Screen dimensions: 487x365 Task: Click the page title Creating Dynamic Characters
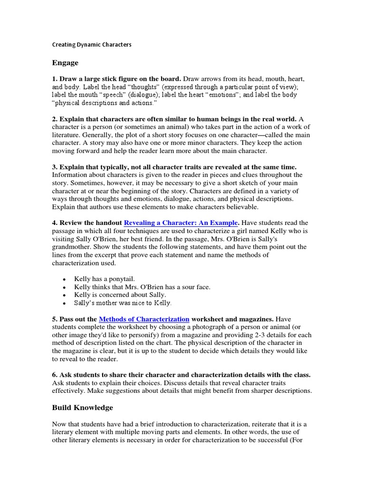(x=91, y=45)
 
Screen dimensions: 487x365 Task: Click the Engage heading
(x=65, y=63)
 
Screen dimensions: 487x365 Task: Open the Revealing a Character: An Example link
(x=181, y=223)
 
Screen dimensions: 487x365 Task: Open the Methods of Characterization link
(x=144, y=319)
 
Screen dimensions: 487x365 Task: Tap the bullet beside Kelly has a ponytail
(x=65, y=279)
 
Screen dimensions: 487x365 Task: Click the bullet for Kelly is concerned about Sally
(x=65, y=295)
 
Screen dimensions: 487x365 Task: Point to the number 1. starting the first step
(x=55, y=78)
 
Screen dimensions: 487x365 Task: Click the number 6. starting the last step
(x=55, y=375)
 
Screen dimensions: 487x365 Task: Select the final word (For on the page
(x=305, y=440)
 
